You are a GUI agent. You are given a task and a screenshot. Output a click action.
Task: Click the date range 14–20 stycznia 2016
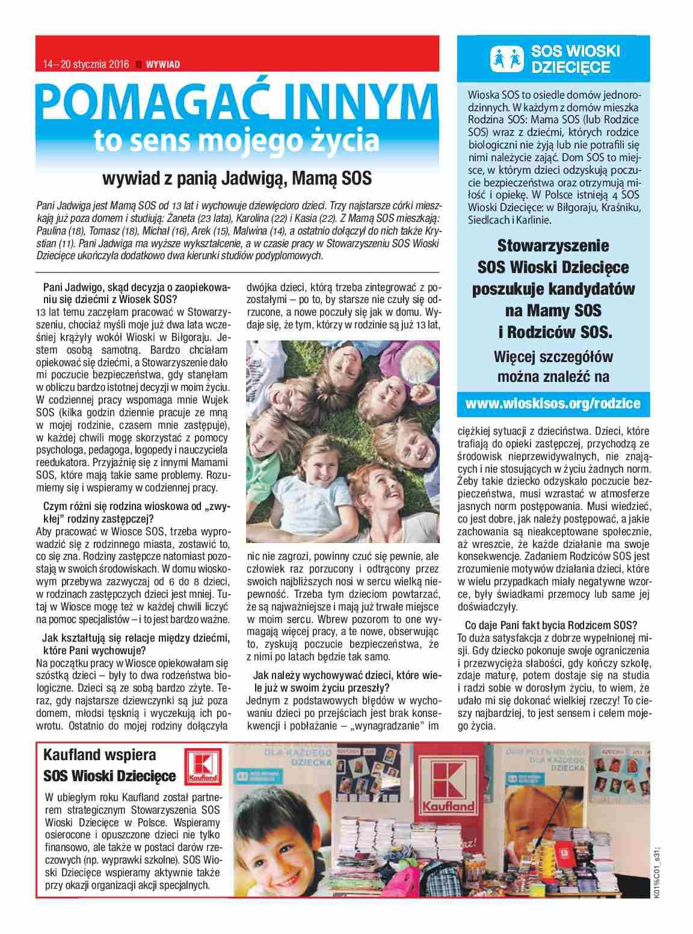[86, 65]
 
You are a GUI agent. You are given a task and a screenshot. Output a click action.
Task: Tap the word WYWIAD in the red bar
[163, 65]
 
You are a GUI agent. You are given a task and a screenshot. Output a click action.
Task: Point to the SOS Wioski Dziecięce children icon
[507, 58]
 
